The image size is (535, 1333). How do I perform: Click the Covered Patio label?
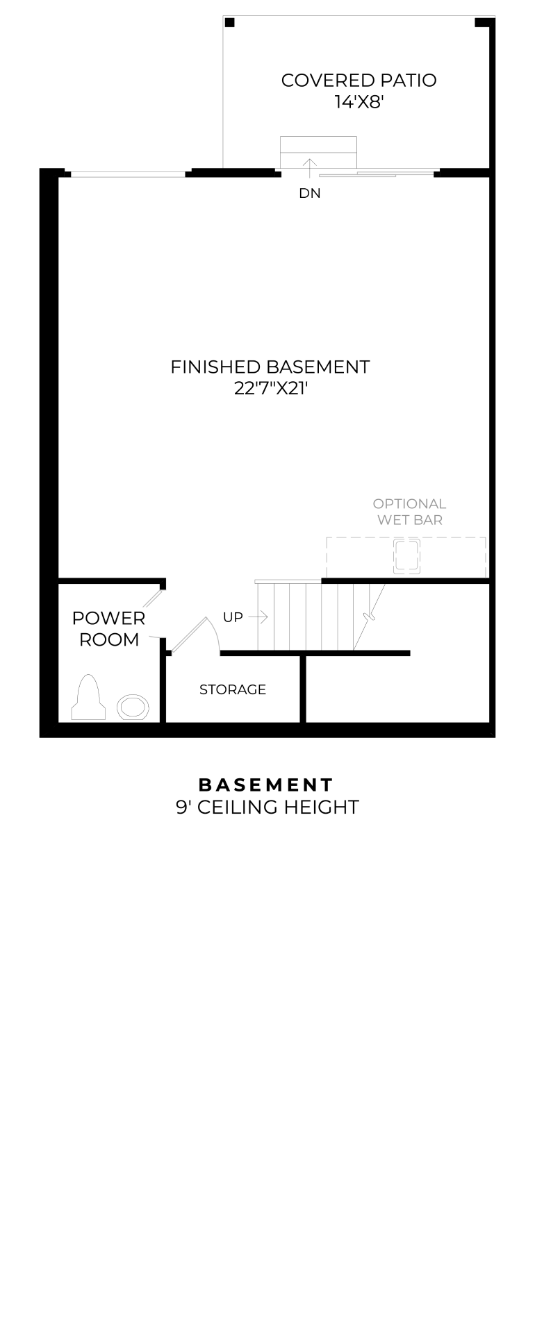click(359, 81)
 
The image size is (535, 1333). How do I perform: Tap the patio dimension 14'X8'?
click(359, 102)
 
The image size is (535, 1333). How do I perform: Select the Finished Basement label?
click(270, 367)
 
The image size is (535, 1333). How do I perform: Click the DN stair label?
click(310, 194)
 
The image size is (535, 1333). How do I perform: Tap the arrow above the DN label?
click(309, 167)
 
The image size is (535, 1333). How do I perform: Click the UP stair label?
click(233, 617)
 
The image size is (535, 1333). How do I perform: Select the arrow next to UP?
click(258, 617)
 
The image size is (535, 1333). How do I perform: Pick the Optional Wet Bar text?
click(409, 512)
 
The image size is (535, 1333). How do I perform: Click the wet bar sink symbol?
click(406, 556)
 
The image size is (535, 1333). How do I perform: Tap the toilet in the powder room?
click(88, 697)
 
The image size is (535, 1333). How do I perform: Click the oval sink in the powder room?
click(132, 707)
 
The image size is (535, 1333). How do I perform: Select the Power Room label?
click(109, 629)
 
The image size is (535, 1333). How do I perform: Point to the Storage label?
click(233, 689)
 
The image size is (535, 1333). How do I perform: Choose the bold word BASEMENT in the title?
click(267, 785)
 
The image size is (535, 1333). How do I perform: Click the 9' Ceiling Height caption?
click(267, 807)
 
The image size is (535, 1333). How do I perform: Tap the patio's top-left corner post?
click(230, 23)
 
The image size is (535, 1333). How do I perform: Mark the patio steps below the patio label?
click(318, 153)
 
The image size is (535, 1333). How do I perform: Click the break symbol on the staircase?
click(369, 616)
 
